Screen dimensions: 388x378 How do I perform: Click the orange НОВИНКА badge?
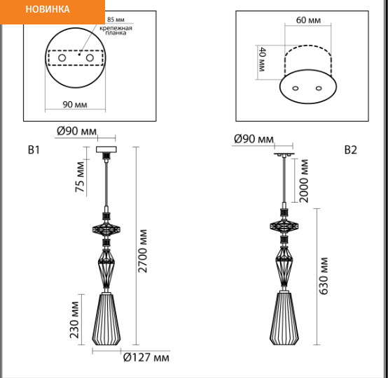[53, 12]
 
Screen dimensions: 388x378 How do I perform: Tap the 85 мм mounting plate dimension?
[116, 20]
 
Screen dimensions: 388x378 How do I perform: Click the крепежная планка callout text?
[116, 30]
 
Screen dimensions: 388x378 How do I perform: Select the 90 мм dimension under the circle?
[75, 104]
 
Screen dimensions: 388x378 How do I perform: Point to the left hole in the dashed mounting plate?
[62, 58]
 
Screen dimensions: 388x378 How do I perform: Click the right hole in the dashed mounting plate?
[90, 58]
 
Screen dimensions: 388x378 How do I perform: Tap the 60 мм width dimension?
[309, 20]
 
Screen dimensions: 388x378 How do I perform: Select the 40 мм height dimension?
[262, 59]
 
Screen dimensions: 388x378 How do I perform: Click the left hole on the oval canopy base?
[296, 88]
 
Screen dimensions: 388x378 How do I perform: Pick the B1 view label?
[34, 150]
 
